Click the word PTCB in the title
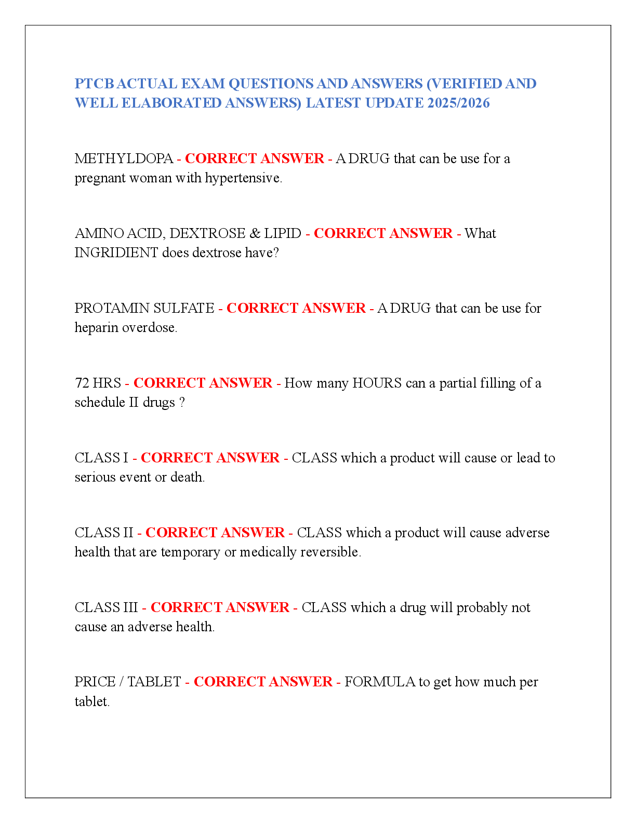[x=95, y=84]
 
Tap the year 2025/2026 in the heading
[x=458, y=103]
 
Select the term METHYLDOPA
[x=124, y=158]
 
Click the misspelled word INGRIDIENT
[x=116, y=253]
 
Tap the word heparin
[x=96, y=328]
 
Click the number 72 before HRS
[x=82, y=383]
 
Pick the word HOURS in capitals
[x=377, y=383]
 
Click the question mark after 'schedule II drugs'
[x=182, y=402]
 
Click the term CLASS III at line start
[x=106, y=607]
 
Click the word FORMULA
[x=379, y=682]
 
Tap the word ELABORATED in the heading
[x=171, y=103]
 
